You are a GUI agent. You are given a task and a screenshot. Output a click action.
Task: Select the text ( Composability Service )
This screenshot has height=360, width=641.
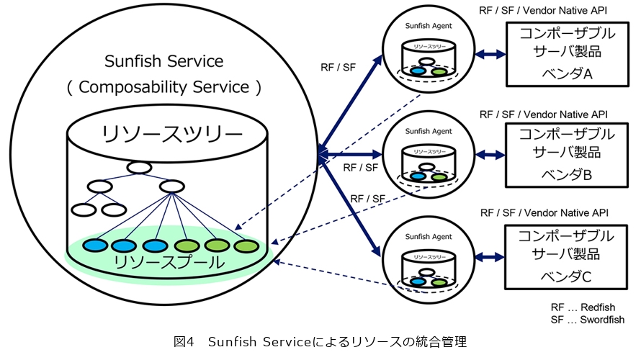(x=164, y=87)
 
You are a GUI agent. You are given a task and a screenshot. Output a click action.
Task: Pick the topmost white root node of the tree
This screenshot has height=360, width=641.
(x=138, y=168)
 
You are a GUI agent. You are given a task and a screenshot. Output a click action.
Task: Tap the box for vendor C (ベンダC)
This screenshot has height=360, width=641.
(x=562, y=256)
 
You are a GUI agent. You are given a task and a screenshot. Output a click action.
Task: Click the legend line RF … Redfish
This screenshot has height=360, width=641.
(x=583, y=307)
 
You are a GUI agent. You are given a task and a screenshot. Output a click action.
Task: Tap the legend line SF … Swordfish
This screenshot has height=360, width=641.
(x=587, y=320)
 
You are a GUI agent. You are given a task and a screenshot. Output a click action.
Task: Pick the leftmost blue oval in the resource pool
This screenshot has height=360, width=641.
(x=94, y=246)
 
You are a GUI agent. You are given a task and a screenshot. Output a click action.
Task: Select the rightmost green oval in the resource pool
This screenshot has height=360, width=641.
(x=246, y=246)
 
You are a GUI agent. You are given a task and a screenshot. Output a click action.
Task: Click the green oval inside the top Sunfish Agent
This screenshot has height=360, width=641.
(x=439, y=71)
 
